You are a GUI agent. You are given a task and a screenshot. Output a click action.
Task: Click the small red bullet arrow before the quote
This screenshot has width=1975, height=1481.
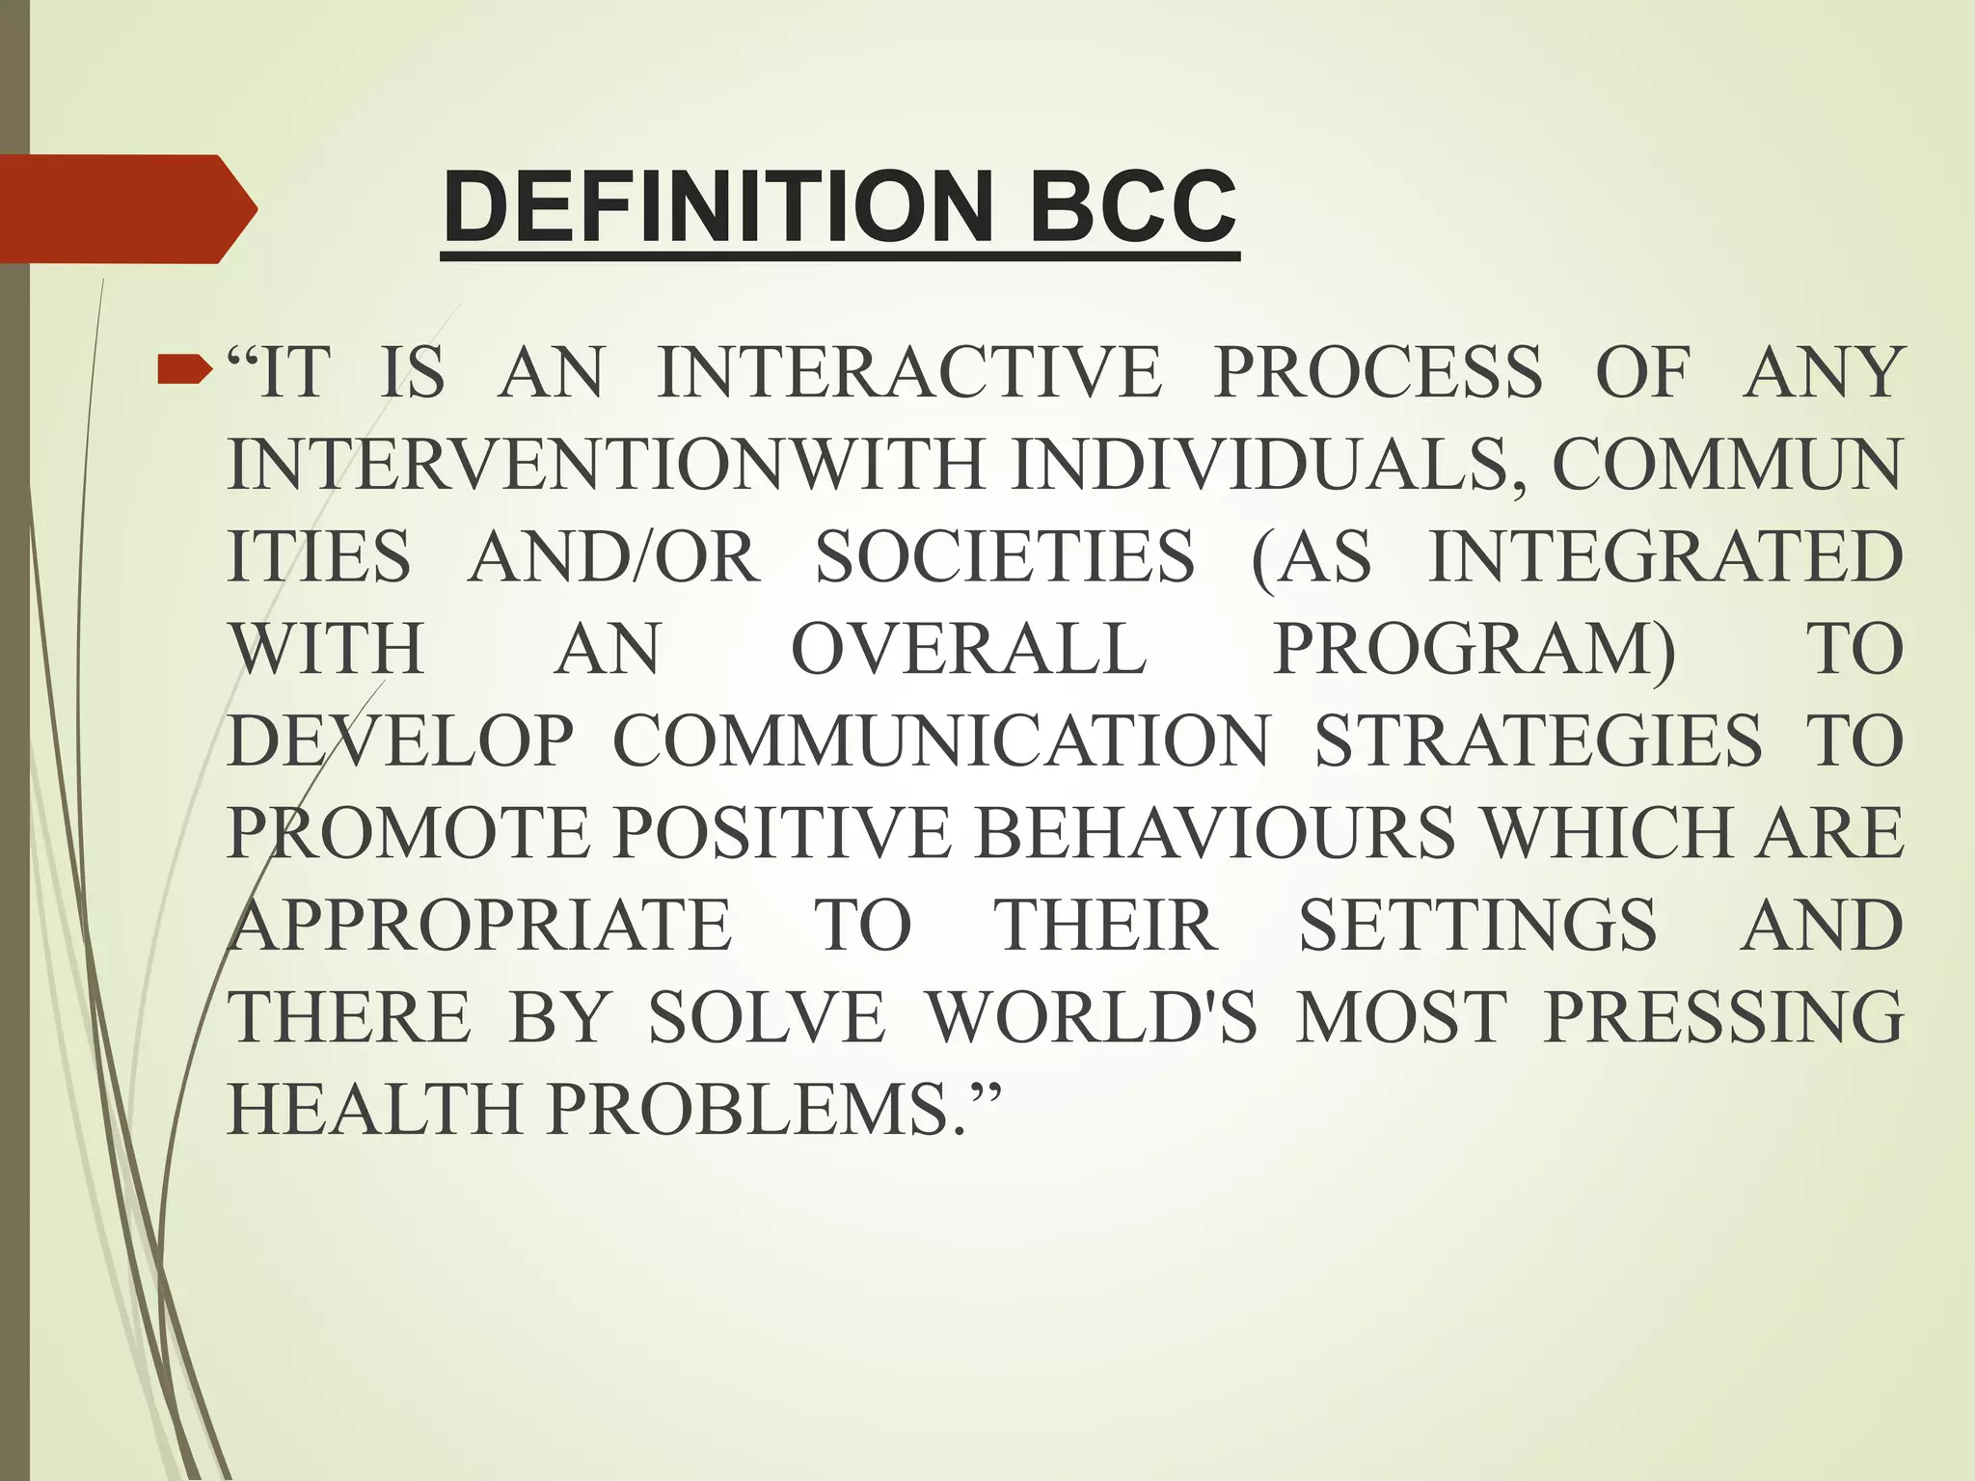(x=184, y=367)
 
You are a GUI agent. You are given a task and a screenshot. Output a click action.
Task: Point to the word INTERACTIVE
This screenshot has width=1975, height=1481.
(x=909, y=372)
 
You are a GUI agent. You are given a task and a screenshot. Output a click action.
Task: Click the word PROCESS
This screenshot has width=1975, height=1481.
(x=1378, y=372)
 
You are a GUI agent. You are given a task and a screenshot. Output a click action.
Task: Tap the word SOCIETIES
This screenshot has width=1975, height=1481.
(x=1005, y=557)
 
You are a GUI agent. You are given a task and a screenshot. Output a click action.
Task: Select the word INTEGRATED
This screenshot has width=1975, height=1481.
(x=1665, y=557)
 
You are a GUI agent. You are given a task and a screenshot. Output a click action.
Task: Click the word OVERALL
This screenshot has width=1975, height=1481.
(x=968, y=649)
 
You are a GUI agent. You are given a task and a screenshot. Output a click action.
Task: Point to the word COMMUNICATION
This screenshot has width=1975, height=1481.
(x=942, y=741)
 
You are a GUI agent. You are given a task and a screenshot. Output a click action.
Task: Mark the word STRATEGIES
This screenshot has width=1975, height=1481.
(x=1538, y=741)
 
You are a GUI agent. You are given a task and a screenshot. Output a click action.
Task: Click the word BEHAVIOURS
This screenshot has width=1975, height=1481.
(x=1214, y=833)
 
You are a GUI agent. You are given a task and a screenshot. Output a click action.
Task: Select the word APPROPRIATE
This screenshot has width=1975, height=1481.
(x=479, y=926)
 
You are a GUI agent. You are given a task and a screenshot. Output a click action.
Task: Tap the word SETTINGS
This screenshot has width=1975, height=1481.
(x=1477, y=926)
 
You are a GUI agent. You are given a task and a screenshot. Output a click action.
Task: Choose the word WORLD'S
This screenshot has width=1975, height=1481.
(x=1093, y=1017)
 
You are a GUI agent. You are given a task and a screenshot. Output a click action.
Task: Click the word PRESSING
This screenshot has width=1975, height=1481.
(x=1723, y=1017)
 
